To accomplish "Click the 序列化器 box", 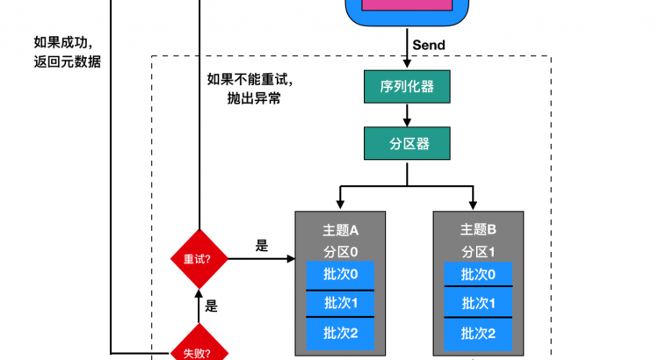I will (407, 87).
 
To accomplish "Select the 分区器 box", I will (407, 142).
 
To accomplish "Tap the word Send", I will (428, 45).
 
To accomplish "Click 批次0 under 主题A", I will (341, 275).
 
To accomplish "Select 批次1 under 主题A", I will (341, 304).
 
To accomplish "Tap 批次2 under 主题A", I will (341, 333).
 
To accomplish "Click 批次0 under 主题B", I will (478, 275).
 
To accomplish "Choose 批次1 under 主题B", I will (478, 304).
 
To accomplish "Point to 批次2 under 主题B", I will (478, 333).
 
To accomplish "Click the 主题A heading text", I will (341, 230).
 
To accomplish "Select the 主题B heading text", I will (479, 230).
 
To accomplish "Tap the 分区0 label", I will (341, 252).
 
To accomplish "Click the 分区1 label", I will (479, 252).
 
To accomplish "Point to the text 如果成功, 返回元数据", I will (67, 53).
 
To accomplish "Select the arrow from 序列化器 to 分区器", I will (407, 115).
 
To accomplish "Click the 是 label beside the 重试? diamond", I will (261, 247).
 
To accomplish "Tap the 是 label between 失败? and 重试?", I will (211, 307).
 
